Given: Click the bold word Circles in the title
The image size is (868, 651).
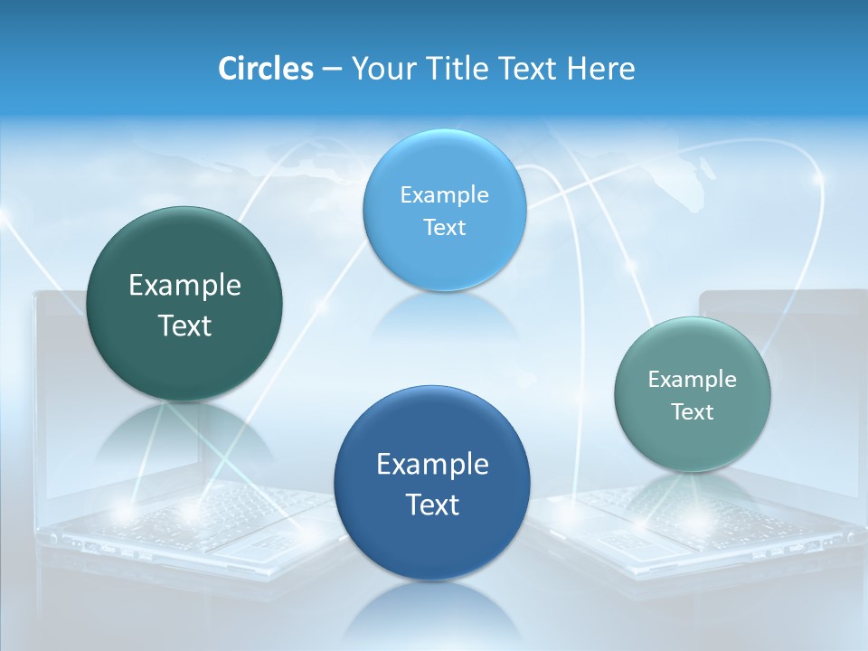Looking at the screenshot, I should click(x=266, y=69).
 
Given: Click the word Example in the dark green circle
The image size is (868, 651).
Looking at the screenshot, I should click(x=184, y=286).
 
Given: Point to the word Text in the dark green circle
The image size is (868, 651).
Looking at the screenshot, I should click(x=184, y=325).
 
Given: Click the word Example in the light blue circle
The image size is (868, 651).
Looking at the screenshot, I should click(x=444, y=195).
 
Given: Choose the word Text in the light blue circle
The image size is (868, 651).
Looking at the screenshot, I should click(x=444, y=228).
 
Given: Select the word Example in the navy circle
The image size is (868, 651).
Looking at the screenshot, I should click(x=432, y=465).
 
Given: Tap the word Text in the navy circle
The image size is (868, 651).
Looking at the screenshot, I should click(x=432, y=505).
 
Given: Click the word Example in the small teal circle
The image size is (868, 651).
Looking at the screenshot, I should click(x=693, y=380).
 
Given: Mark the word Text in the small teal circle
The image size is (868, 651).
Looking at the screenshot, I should click(x=693, y=412).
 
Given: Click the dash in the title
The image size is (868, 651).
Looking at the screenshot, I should click(x=332, y=70).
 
